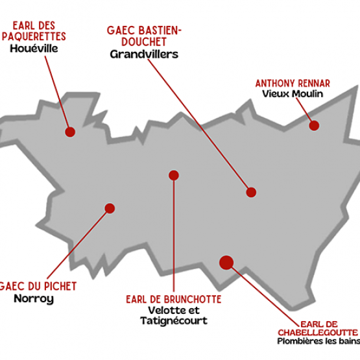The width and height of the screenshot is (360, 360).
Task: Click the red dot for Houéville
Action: [x=70, y=132]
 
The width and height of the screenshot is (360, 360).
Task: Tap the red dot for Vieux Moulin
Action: [x=314, y=126]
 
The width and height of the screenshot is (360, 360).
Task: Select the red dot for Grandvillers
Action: [x=251, y=192]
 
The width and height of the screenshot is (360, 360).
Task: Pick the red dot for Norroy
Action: [x=110, y=208]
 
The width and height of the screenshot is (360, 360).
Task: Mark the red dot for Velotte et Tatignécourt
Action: [x=174, y=175]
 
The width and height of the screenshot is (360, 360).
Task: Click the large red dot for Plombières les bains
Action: [x=226, y=263]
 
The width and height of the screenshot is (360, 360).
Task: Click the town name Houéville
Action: [x=34, y=49]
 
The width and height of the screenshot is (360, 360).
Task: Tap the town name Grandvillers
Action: [x=144, y=54]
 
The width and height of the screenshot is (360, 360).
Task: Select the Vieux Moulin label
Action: [x=293, y=93]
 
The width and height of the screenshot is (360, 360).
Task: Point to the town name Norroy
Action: [x=34, y=298]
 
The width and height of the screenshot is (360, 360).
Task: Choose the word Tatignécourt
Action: [x=174, y=320]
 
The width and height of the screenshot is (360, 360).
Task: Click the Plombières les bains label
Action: [x=318, y=341]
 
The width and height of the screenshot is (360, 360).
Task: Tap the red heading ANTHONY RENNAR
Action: [x=293, y=83]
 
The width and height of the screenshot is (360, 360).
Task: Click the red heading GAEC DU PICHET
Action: [x=38, y=286]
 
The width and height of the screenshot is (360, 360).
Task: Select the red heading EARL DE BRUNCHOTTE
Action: [x=174, y=300]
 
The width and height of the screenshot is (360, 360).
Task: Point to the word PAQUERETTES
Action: [x=34, y=36]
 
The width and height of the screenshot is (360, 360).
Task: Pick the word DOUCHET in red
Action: [x=144, y=42]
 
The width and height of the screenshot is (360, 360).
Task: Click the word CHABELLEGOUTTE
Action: [x=318, y=333]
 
